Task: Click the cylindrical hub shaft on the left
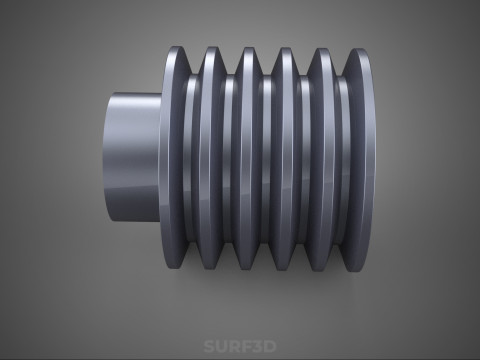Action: tap(132, 157)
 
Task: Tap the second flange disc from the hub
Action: tap(210, 158)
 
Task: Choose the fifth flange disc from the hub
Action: tap(322, 159)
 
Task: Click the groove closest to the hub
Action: tap(192, 158)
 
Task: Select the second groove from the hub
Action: tap(229, 159)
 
